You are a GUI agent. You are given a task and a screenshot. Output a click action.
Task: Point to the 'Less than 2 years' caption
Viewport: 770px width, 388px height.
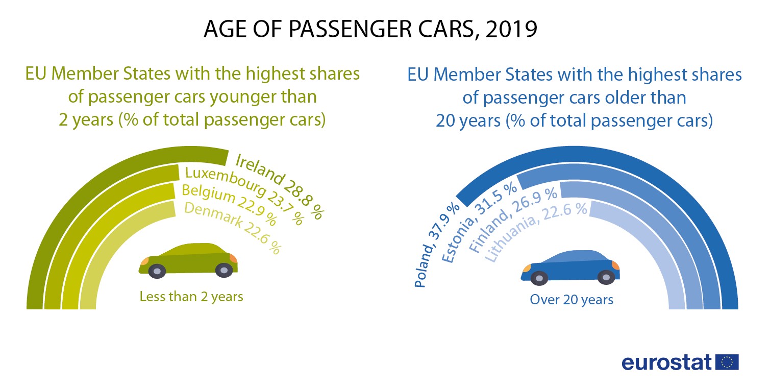[x=191, y=297]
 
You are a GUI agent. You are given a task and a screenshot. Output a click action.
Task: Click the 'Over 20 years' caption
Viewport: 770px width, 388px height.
[x=572, y=300]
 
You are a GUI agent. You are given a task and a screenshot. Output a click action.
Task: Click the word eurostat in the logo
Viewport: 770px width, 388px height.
[x=666, y=362]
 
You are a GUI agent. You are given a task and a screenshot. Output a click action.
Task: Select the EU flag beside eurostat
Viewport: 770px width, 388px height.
[x=727, y=362]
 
